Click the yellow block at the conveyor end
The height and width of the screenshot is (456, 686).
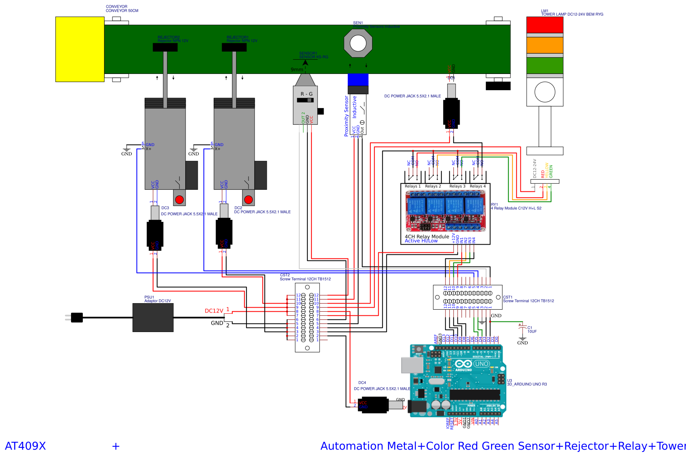(x=80, y=49)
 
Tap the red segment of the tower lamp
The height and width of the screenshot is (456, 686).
(x=544, y=25)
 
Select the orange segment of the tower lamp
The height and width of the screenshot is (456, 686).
(x=544, y=45)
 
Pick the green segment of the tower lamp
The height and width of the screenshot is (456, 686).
(x=544, y=65)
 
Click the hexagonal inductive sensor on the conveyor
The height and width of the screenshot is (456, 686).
(x=358, y=43)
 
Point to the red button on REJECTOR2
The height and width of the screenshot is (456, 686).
(x=179, y=200)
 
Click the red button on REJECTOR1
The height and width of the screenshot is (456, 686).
(x=248, y=200)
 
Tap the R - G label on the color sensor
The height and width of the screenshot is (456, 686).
(x=306, y=94)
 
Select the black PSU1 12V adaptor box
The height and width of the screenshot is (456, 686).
(x=153, y=317)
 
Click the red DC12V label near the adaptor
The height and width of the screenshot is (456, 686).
(x=214, y=311)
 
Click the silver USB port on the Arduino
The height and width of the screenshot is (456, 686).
(x=412, y=365)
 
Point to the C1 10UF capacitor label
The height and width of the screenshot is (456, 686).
(x=532, y=330)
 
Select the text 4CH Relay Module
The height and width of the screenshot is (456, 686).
(x=426, y=237)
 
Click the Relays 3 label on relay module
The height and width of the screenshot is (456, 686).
(x=457, y=186)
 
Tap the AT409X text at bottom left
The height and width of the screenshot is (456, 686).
(x=25, y=446)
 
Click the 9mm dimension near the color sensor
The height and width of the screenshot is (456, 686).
(x=296, y=69)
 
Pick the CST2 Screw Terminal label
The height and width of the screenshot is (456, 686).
(x=305, y=277)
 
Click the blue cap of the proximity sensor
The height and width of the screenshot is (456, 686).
(x=358, y=80)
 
